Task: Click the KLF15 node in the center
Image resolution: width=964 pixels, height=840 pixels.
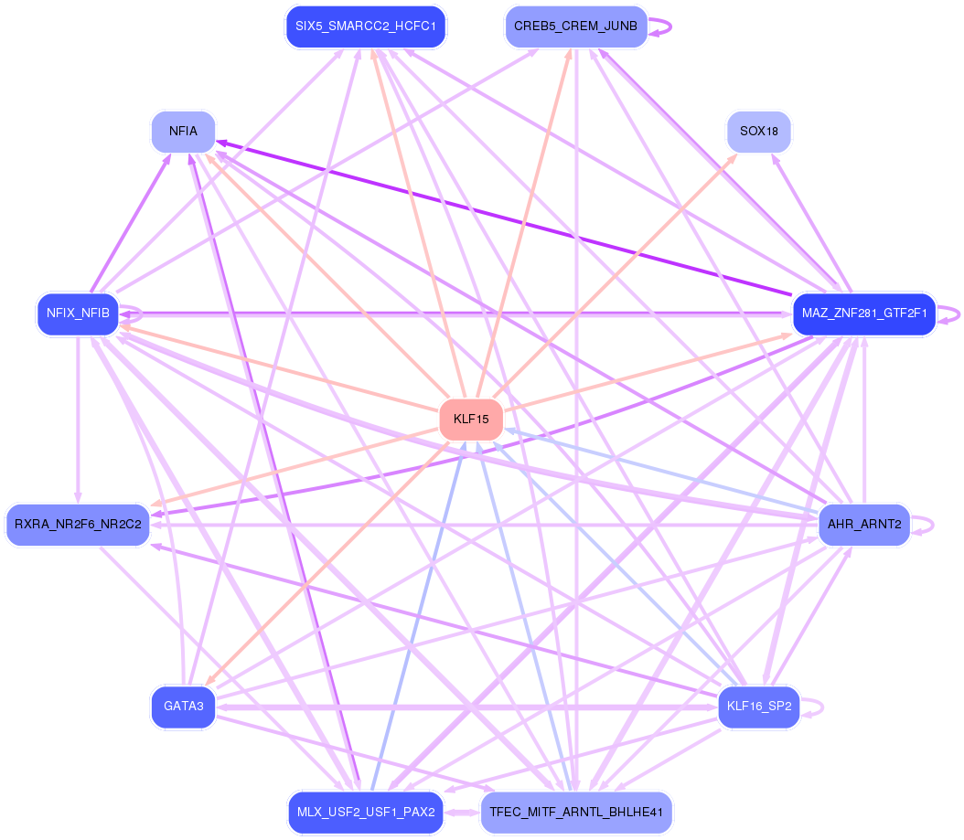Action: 471,419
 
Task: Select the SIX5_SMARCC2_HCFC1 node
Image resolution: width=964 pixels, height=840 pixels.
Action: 366,27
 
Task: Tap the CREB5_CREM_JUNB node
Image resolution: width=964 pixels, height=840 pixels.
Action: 576,27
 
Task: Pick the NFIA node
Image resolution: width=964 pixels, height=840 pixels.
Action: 183,132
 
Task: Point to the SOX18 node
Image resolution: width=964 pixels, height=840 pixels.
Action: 759,132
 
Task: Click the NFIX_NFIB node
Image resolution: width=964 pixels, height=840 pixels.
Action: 78,314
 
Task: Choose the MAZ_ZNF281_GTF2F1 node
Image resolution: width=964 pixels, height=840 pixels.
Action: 864,314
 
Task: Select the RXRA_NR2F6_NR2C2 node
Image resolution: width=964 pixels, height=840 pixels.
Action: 78,525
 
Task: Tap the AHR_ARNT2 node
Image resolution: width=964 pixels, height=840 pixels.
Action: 864,525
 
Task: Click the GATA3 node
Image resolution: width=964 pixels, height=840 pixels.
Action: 183,707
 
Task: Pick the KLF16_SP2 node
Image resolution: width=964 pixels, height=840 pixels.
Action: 759,707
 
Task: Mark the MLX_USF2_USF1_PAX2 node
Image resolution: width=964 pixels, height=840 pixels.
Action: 366,813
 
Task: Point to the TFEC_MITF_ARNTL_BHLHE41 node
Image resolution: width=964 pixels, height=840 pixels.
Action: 576,813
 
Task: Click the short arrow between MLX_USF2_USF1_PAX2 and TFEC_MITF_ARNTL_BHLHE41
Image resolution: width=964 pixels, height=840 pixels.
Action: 462,813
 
